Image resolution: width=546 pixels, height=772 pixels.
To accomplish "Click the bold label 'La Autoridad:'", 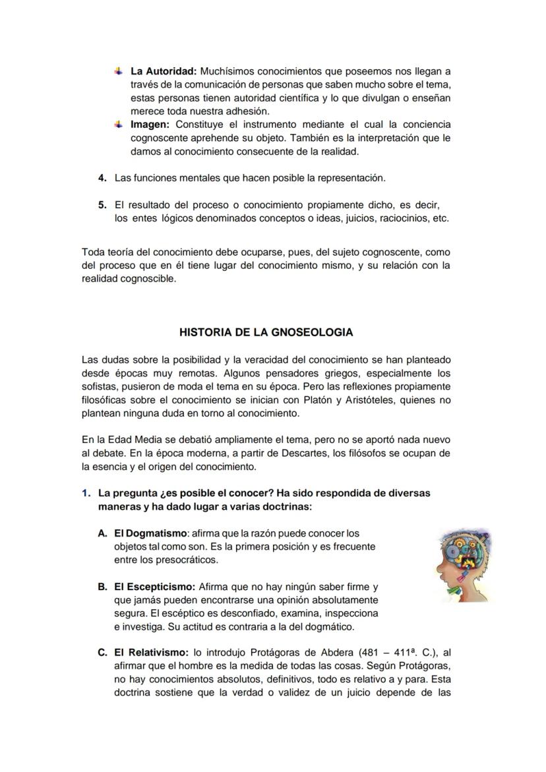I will (x=164, y=71).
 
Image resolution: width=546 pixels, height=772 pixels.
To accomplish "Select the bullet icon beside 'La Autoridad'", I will (x=118, y=71).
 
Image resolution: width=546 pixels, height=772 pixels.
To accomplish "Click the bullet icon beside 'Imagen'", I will (x=118, y=124).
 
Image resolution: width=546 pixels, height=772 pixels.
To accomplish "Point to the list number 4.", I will (x=102, y=178).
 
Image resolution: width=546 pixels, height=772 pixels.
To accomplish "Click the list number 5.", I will (x=102, y=205).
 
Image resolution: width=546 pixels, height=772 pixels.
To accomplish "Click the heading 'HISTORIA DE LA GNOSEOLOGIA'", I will (x=266, y=333).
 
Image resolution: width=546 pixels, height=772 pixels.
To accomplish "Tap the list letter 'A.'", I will (x=102, y=533).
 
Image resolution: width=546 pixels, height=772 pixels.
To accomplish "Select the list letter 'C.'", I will (x=102, y=653).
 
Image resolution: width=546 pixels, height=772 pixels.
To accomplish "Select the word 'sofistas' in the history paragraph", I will (x=98, y=386).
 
